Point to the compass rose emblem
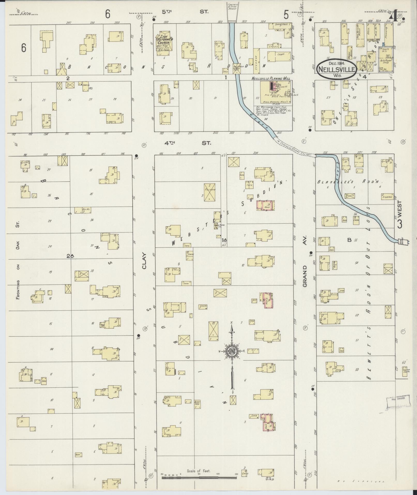point(232,351)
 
